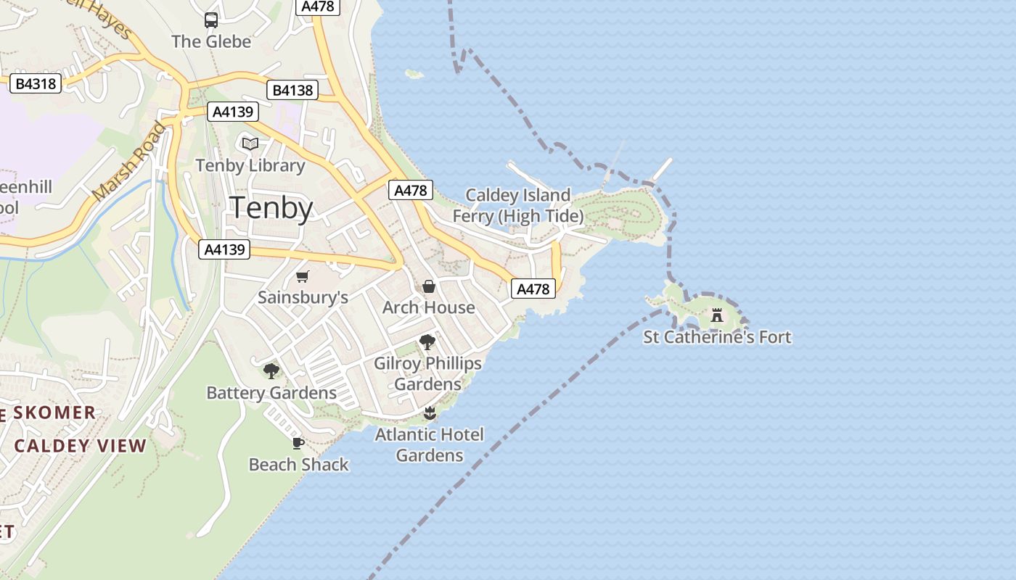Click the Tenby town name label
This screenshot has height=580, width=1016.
tap(271, 208)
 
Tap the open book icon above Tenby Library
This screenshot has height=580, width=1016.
tap(250, 144)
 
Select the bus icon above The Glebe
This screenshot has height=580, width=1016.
tap(211, 20)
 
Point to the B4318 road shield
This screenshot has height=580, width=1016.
tap(36, 84)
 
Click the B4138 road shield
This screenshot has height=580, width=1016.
tap(293, 90)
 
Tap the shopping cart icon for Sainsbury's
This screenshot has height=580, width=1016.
tap(303, 276)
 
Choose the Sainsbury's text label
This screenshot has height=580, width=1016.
tap(303, 297)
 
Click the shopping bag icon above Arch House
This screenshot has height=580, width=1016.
tap(429, 286)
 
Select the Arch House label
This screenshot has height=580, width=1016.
tap(429, 307)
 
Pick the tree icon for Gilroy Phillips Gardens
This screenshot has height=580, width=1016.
tap(427, 341)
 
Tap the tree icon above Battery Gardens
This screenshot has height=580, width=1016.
tap(271, 371)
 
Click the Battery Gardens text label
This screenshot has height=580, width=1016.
tap(271, 393)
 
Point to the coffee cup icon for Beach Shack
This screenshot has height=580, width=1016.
tap(298, 443)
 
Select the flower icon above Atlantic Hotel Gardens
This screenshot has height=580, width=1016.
tap(430, 413)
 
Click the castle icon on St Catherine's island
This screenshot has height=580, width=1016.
tap(717, 315)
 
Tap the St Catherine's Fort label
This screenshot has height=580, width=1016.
tap(717, 337)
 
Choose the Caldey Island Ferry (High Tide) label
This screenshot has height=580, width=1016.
tap(518, 205)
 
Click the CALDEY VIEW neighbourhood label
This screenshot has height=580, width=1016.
tap(81, 446)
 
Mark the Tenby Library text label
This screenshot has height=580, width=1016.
tap(250, 165)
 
